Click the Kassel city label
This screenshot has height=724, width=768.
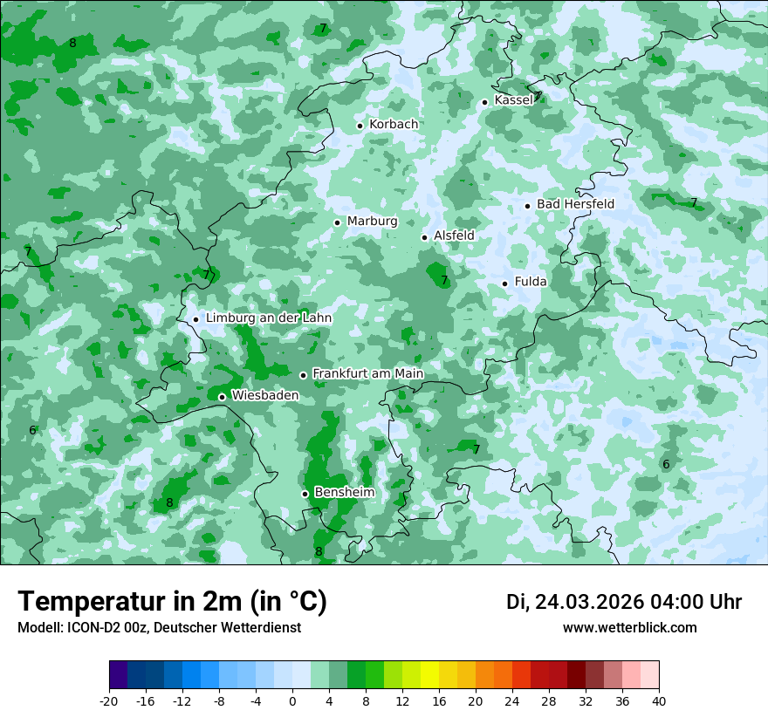[513, 100]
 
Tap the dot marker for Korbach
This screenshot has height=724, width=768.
[360, 126]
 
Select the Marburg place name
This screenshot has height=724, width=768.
[372, 222]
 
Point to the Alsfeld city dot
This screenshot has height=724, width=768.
[425, 237]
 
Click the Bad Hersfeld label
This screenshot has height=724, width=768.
[575, 204]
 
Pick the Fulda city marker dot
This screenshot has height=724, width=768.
[504, 283]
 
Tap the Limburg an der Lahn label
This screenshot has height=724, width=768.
[268, 318]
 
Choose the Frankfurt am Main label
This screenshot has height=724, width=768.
[367, 374]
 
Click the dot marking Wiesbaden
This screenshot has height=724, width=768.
[222, 397]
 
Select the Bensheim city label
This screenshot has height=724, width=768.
[344, 493]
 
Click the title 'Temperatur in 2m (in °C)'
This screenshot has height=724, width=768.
[172, 602]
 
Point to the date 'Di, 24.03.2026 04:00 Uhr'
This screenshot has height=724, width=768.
[624, 602]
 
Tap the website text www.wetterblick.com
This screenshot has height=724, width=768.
[629, 628]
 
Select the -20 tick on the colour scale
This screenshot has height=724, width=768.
[109, 701]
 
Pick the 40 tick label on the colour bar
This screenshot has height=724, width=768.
[659, 701]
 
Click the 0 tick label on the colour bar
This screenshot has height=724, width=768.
[292, 701]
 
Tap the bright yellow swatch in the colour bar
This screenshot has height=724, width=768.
[429, 675]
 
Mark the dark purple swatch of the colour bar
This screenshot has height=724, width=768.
[119, 675]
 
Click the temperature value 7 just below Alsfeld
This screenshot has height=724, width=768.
[444, 280]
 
